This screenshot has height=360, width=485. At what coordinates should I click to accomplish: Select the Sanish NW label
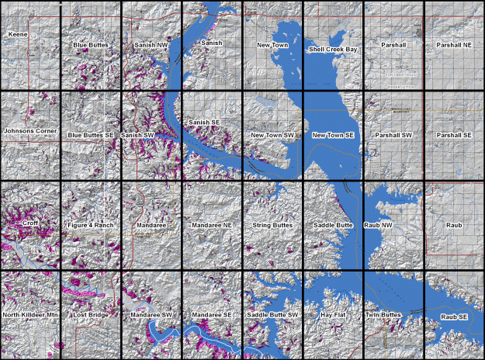click(151, 45)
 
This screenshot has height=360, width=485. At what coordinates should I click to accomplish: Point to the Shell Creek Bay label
click(333, 48)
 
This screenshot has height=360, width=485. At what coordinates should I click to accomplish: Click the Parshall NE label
click(454, 45)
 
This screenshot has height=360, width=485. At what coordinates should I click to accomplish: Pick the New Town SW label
click(272, 135)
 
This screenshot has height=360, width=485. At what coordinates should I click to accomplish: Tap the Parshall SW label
click(393, 135)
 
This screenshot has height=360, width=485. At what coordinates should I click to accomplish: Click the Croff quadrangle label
click(30, 223)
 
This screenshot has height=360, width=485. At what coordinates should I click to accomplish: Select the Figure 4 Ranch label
click(91, 225)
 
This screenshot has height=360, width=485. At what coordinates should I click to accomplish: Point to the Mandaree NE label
click(212, 225)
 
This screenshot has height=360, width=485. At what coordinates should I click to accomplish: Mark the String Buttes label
click(272, 225)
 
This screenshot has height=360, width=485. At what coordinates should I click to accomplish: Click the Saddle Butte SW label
click(272, 315)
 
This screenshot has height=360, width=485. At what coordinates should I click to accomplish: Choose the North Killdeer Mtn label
click(30, 315)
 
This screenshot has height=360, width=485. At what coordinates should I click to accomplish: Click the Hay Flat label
click(333, 315)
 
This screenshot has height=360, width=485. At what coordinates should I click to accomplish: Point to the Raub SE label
click(454, 317)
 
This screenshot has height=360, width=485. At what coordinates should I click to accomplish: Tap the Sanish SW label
click(138, 135)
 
